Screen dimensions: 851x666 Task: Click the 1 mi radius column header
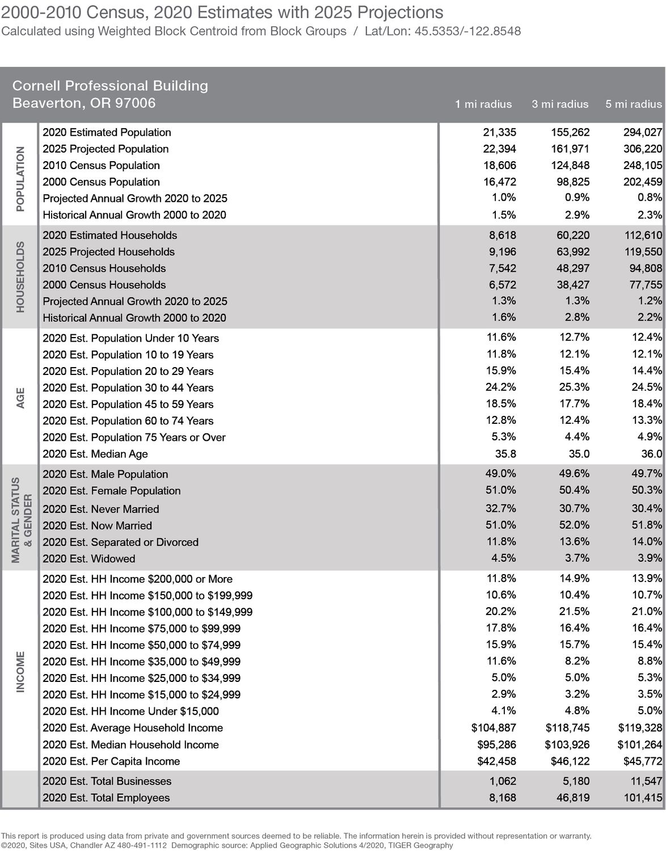tap(483, 104)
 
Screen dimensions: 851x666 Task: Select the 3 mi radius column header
tap(560, 104)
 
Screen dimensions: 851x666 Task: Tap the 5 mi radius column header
tap(634, 104)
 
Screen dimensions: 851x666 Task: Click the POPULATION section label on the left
tap(20, 179)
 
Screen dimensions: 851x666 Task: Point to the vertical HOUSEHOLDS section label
tap(20, 277)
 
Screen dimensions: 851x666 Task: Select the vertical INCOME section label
tap(20, 672)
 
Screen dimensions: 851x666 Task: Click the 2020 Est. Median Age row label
tap(95, 454)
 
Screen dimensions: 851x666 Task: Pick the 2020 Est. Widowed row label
tap(89, 559)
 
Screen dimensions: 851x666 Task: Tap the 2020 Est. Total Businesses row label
tap(107, 781)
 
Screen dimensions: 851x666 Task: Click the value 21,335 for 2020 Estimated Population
tap(499, 132)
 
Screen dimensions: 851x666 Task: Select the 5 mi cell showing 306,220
tap(643, 149)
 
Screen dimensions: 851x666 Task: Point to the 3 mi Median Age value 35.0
tap(579, 454)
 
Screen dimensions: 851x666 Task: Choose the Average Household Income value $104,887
tap(494, 728)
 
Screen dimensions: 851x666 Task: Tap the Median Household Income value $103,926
tap(567, 744)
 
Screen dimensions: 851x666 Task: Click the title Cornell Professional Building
tap(110, 86)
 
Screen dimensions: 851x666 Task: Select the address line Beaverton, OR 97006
tap(84, 103)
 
